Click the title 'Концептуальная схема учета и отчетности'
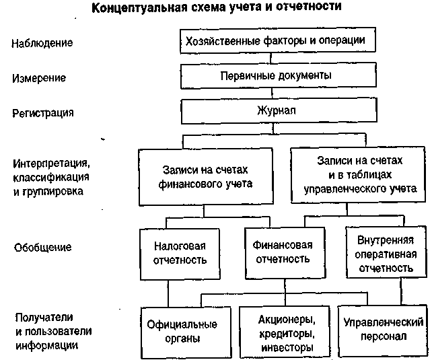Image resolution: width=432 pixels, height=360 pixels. click(216, 7)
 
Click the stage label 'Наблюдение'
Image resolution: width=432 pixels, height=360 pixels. click(42, 43)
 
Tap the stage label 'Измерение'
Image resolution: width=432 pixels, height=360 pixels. click(39, 78)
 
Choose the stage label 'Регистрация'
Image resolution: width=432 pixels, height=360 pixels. click(42, 113)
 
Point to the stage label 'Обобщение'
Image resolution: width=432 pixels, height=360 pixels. click(42, 248)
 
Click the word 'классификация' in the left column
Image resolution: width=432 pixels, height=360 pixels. click(51, 177)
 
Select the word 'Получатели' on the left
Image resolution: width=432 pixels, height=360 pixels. click(44, 318)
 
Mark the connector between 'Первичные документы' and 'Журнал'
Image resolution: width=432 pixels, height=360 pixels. click(273, 94)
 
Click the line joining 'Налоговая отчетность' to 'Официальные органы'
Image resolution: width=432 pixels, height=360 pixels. click(168, 293)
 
